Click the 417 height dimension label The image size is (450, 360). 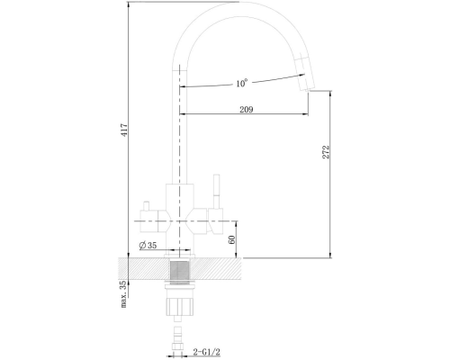coord(125,130)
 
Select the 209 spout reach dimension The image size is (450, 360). coord(247,110)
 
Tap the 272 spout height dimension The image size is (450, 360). coord(326,152)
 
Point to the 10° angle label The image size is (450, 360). coord(241,83)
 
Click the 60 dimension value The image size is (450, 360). coord(232,239)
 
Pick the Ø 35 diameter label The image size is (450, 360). coord(148,245)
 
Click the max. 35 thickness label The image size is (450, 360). coord(124,294)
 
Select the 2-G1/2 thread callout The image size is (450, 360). coord(207,352)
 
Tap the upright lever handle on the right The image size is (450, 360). coord(216,191)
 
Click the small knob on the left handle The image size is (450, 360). coord(146,206)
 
